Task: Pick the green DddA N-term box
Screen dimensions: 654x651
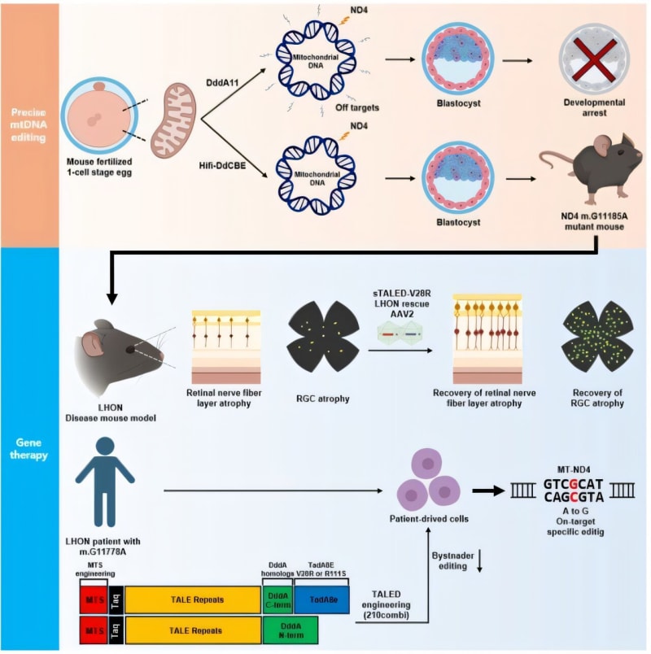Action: (x=291, y=630)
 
